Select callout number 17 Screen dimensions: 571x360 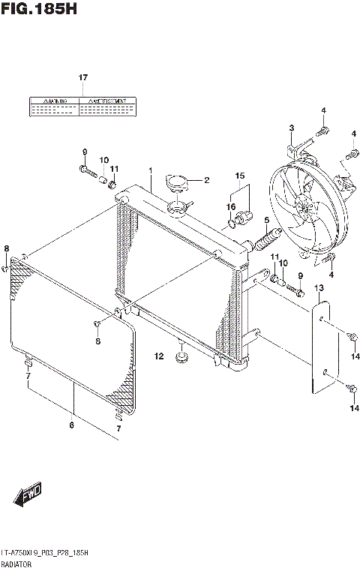83,78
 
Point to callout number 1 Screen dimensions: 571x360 150,171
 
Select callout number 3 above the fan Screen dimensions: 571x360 291,128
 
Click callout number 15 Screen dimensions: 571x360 239,176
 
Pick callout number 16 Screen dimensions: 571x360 232,206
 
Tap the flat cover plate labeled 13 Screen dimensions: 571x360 320,345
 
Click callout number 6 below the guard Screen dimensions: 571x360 73,425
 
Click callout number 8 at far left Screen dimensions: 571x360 6,249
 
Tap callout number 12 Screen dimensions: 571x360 159,356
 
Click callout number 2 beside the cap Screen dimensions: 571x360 206,180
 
